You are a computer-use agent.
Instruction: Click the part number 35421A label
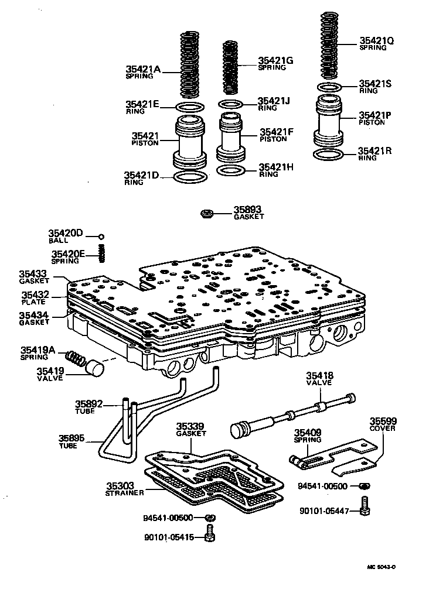click(142, 69)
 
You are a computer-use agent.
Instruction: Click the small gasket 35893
click(207, 214)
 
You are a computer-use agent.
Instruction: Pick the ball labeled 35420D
click(101, 237)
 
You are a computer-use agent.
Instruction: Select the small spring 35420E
click(101, 253)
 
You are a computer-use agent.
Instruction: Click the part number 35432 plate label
click(36, 296)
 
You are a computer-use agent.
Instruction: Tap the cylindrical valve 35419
click(95, 370)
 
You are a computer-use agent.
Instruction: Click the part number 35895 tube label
click(72, 438)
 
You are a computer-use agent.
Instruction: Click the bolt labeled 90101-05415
click(210, 535)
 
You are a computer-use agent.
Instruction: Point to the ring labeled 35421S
click(331, 87)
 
